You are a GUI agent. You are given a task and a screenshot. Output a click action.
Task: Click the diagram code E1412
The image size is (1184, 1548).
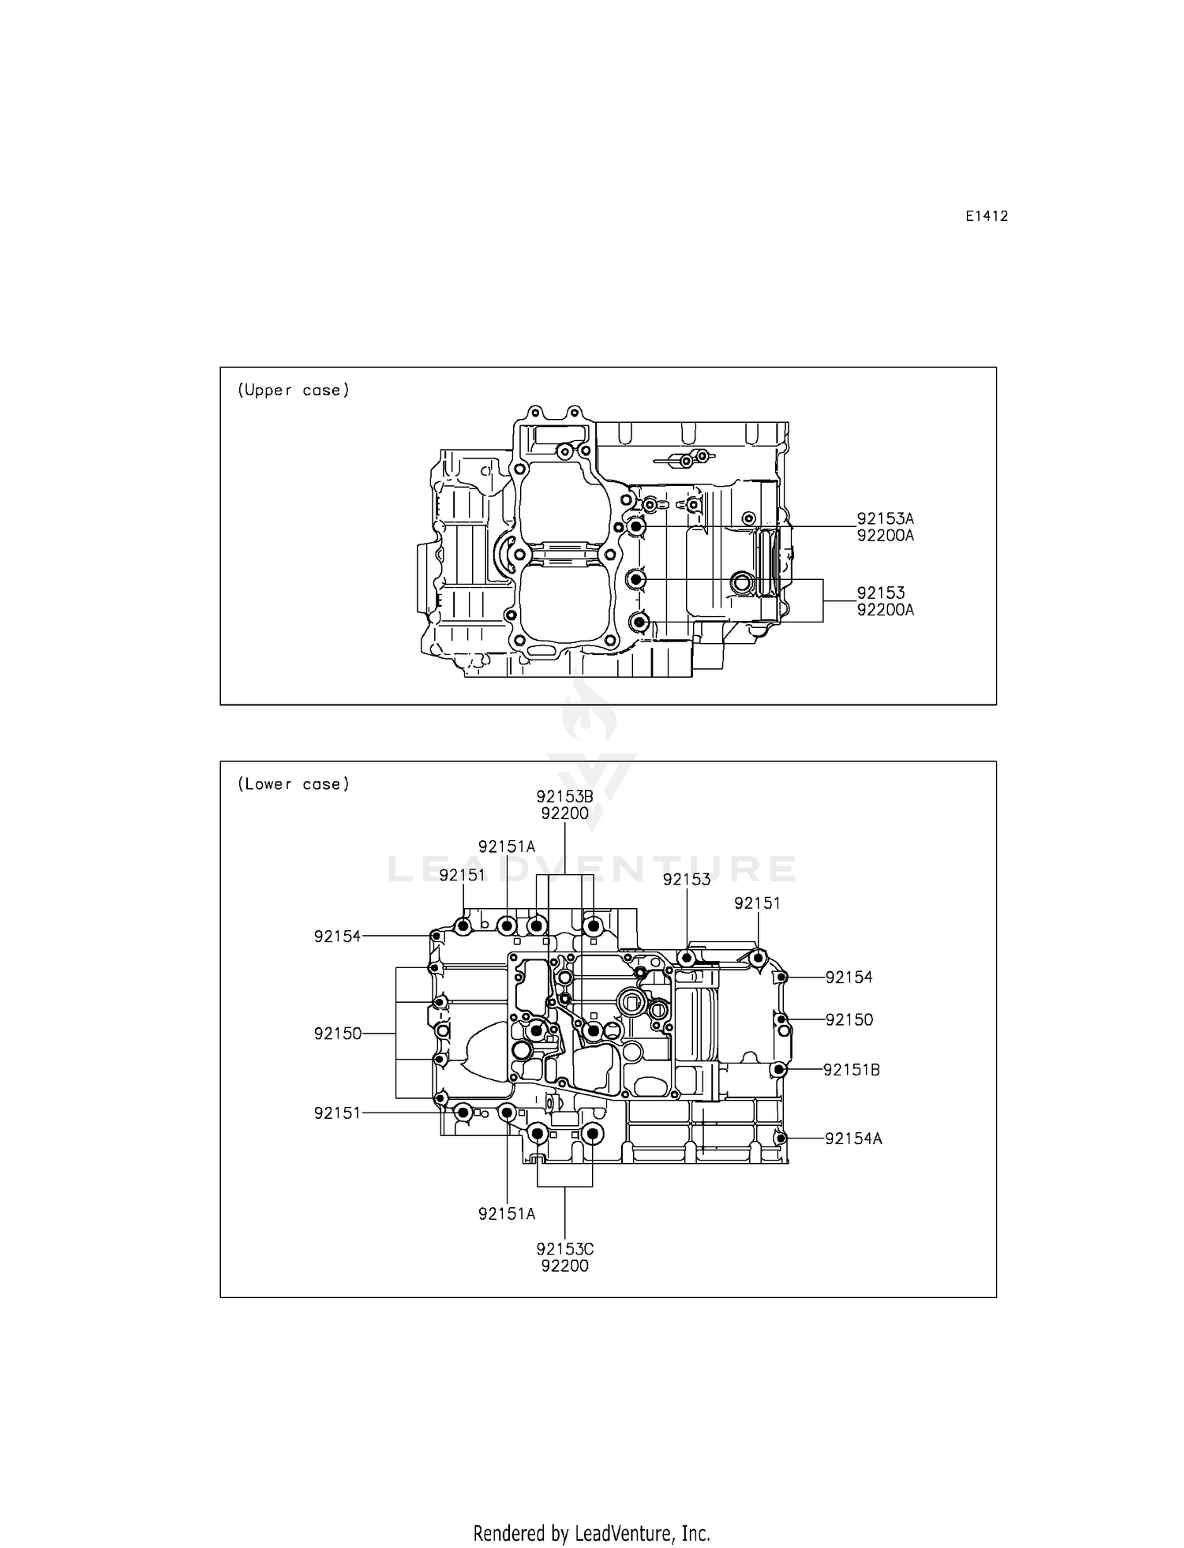coord(986,216)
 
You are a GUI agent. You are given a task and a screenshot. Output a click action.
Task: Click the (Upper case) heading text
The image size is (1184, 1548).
coord(293,390)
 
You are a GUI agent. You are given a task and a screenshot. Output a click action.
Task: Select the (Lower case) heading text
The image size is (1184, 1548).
coord(293,783)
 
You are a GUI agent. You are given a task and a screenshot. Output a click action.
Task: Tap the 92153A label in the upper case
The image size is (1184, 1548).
coord(885,518)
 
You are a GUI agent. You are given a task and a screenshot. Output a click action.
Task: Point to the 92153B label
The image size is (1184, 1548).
coord(564,797)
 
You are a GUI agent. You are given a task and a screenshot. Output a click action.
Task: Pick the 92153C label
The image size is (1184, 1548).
coord(564,1249)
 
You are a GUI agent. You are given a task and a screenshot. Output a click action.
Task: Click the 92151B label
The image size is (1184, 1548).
coord(851,1070)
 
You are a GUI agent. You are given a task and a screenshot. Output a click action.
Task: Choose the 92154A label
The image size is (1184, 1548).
coord(853,1139)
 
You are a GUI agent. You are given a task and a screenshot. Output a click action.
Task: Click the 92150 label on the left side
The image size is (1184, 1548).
coord(337,1034)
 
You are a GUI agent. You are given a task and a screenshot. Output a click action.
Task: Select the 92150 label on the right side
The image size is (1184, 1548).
coord(849,1019)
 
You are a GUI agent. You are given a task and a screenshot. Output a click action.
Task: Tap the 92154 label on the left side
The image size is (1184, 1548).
coord(337,937)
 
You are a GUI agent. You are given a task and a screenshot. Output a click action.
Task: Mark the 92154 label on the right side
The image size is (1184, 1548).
coord(849,978)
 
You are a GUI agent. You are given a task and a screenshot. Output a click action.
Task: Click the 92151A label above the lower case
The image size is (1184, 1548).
coord(507,847)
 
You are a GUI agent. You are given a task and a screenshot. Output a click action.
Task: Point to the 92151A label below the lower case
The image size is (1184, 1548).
coord(507,1214)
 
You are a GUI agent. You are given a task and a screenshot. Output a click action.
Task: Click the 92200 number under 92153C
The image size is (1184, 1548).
coord(564,1266)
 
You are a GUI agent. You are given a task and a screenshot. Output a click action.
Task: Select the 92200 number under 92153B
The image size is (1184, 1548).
coord(564,813)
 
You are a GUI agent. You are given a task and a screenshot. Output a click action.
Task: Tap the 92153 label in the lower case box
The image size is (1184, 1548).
coord(686,880)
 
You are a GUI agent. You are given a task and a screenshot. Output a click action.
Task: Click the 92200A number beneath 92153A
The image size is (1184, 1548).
coord(885,536)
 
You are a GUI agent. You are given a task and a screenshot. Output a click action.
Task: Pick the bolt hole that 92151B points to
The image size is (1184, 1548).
coord(779,1070)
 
